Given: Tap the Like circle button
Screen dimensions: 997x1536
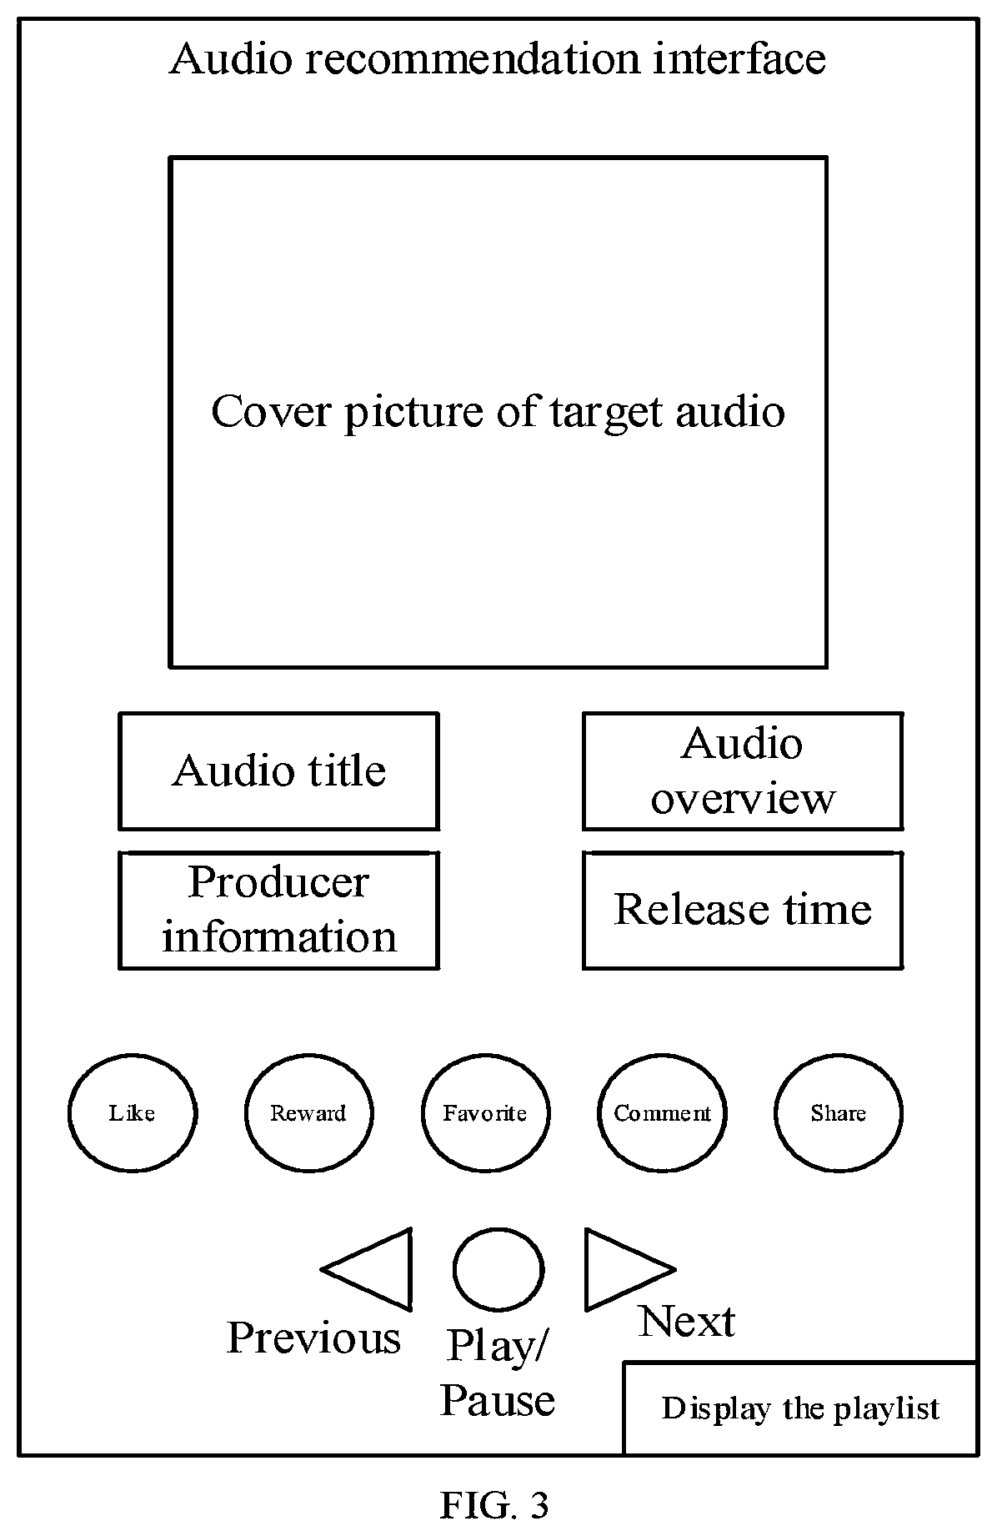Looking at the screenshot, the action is point(133,1112).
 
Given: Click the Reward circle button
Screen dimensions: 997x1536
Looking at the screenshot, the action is point(308,1112).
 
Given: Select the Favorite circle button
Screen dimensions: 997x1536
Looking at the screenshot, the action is point(485,1112).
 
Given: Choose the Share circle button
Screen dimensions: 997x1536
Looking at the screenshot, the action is point(838,1112).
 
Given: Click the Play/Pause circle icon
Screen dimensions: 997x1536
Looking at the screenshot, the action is point(499,1268).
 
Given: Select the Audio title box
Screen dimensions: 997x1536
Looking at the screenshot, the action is point(279,771).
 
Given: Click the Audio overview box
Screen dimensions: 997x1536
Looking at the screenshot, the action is point(743,771).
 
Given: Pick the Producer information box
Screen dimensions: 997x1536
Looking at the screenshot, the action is point(279,910).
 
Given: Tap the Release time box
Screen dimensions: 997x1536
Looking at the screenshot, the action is point(743,910).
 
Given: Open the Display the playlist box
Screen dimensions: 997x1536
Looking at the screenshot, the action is point(800,1408).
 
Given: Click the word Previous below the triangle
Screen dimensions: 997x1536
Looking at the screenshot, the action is point(313,1338).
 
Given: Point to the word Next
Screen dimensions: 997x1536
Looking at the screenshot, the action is point(687,1322).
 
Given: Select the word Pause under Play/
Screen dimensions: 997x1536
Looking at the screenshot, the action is point(498,1400).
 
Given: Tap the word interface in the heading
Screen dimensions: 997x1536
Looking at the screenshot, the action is point(739,59).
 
